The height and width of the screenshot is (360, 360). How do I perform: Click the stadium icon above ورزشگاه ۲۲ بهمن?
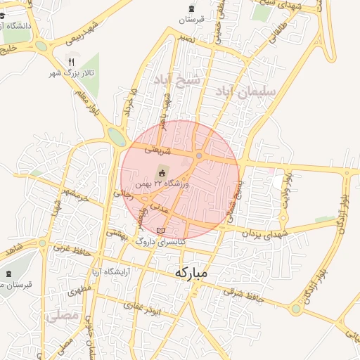tap(162, 173)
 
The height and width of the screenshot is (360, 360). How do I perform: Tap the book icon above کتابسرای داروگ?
tap(161, 231)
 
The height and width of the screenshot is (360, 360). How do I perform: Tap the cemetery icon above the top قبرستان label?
tap(191, 9)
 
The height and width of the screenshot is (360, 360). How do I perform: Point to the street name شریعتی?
tap(156, 149)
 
